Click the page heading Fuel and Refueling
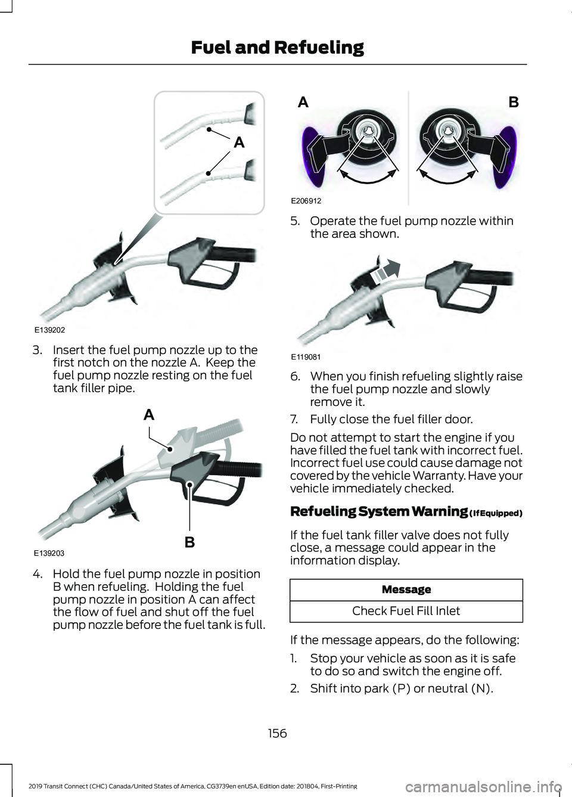click(277, 48)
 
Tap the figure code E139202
click(50, 330)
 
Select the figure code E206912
click(306, 201)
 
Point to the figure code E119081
click(306, 357)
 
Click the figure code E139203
click(49, 553)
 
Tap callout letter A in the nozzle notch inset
click(239, 142)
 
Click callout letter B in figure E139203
click(189, 542)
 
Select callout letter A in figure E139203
click(149, 414)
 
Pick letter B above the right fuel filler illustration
click(514, 103)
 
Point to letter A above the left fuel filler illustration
click(303, 103)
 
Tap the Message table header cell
click(406, 589)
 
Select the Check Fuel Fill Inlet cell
click(406, 610)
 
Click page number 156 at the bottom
click(278, 733)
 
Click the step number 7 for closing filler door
click(294, 419)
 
